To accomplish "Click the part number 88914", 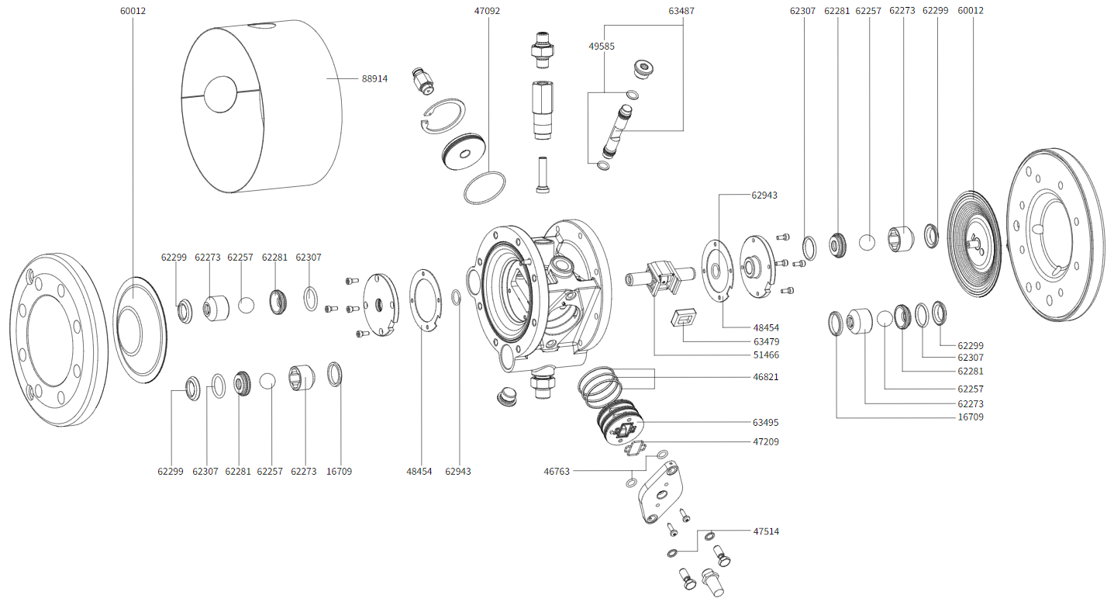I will tap(374, 79).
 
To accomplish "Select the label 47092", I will tap(487, 11).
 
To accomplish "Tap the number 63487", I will tap(682, 11).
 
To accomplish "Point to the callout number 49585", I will tap(602, 47).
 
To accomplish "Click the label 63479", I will tap(766, 341).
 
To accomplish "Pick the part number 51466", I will tap(766, 355).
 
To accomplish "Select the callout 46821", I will tap(766, 377).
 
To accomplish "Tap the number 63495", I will tap(766, 423).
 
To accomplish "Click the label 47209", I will tap(766, 441).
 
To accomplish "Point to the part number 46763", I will tap(557, 471).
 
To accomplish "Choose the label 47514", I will tap(766, 531).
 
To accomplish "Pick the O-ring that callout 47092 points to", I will tap(485, 189).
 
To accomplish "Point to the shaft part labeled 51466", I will tap(659, 277).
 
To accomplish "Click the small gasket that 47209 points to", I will tap(636, 448).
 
